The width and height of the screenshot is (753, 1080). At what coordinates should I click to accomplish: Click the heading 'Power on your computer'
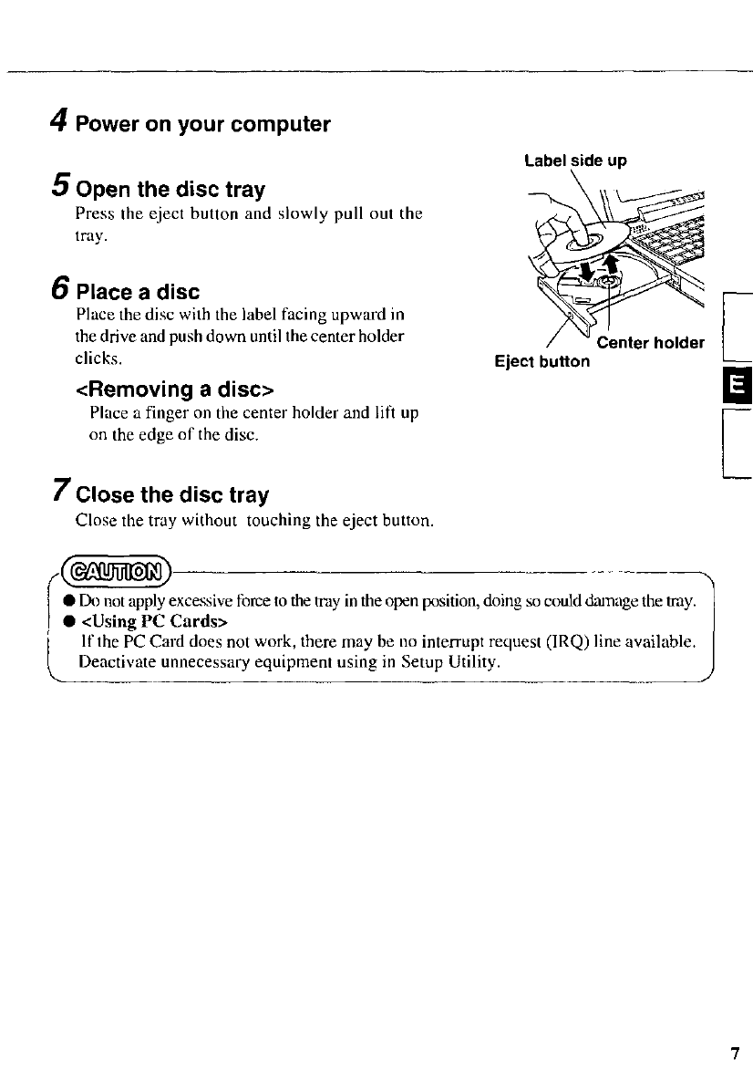coord(202,124)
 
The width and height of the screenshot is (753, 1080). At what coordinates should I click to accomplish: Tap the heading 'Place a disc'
coord(138,293)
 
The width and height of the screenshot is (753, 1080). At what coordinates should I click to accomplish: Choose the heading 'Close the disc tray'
coord(172,495)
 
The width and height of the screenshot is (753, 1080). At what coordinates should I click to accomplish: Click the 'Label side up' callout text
coord(575,161)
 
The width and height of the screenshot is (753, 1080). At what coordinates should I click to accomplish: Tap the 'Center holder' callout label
coord(650,343)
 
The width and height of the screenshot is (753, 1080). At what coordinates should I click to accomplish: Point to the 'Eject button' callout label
coord(542,361)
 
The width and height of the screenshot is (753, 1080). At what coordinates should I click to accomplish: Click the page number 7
coord(734,1054)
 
